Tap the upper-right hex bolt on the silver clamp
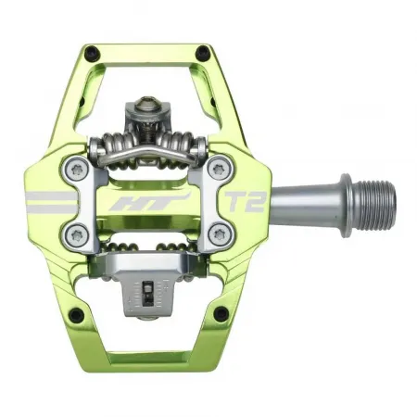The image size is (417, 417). [x=219, y=170]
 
